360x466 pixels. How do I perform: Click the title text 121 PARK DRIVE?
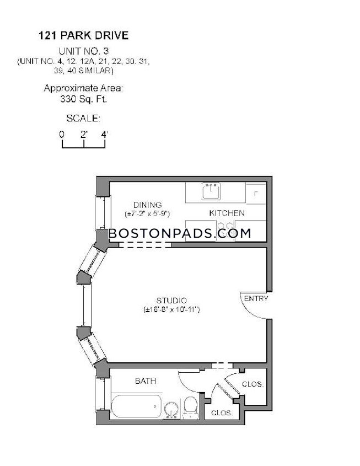click(x=83, y=36)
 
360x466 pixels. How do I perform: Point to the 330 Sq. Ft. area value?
click(x=83, y=100)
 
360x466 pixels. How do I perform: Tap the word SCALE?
click(x=83, y=118)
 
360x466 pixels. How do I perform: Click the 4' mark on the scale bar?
click(x=105, y=134)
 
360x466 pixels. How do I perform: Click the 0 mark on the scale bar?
click(x=62, y=134)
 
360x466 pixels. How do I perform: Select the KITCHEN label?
click(x=227, y=213)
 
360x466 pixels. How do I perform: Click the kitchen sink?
click(x=211, y=192)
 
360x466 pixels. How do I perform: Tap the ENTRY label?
click(x=256, y=298)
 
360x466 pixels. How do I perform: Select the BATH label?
click(x=146, y=381)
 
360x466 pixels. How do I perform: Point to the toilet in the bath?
click(x=191, y=407)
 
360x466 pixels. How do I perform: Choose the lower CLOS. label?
click(x=222, y=413)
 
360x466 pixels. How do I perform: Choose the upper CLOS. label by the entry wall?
click(x=253, y=384)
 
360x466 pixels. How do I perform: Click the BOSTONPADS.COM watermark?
click(x=180, y=233)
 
